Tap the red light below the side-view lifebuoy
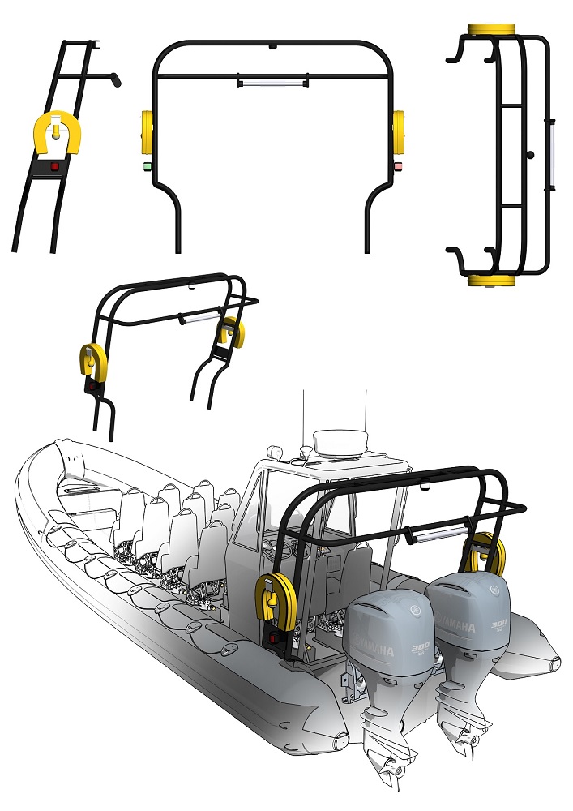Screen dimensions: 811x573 tap(55, 167)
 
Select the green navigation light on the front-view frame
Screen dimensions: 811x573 tap(148, 166)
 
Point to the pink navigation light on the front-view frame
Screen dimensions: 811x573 tap(398, 166)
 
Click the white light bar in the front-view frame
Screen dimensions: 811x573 tap(272, 82)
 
